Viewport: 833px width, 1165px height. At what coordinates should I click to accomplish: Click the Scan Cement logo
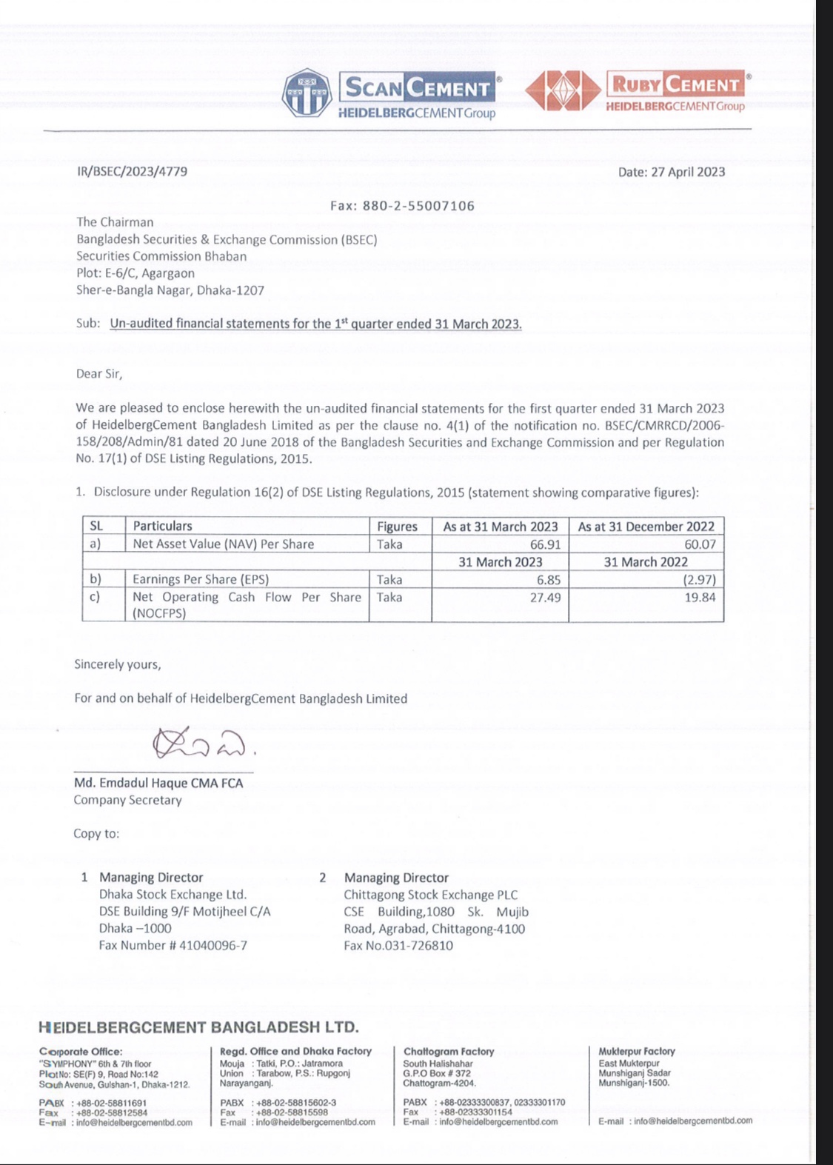click(x=391, y=94)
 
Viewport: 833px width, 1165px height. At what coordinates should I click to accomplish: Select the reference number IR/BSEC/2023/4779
click(x=132, y=172)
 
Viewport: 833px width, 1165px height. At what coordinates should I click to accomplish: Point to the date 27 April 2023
click(x=672, y=172)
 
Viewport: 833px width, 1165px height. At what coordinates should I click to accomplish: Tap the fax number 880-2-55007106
click(x=418, y=206)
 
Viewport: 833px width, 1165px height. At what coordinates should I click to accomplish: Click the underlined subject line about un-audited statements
click(x=315, y=324)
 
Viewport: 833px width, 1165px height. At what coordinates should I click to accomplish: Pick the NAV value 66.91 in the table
click(x=545, y=544)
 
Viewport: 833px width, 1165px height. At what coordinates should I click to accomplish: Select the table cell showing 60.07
click(x=700, y=544)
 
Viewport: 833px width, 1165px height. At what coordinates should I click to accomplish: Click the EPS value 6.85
click(x=549, y=580)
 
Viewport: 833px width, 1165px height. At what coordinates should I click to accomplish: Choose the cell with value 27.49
click(x=545, y=598)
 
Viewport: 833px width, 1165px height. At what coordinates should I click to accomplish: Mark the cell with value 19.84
click(x=700, y=598)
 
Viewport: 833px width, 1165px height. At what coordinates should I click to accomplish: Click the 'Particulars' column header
click(x=162, y=526)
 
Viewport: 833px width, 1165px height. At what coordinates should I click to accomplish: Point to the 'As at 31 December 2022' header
click(x=646, y=527)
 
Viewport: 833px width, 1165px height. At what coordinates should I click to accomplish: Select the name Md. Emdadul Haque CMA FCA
click(x=158, y=783)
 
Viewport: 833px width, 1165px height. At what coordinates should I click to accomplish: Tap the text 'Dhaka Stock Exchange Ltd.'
click(x=173, y=895)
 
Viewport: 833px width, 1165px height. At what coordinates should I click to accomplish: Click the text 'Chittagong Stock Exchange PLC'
click(x=430, y=895)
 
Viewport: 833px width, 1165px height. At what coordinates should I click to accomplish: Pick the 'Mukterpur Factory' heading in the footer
click(x=637, y=1051)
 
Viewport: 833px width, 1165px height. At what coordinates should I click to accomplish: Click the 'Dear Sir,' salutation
click(x=99, y=374)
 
